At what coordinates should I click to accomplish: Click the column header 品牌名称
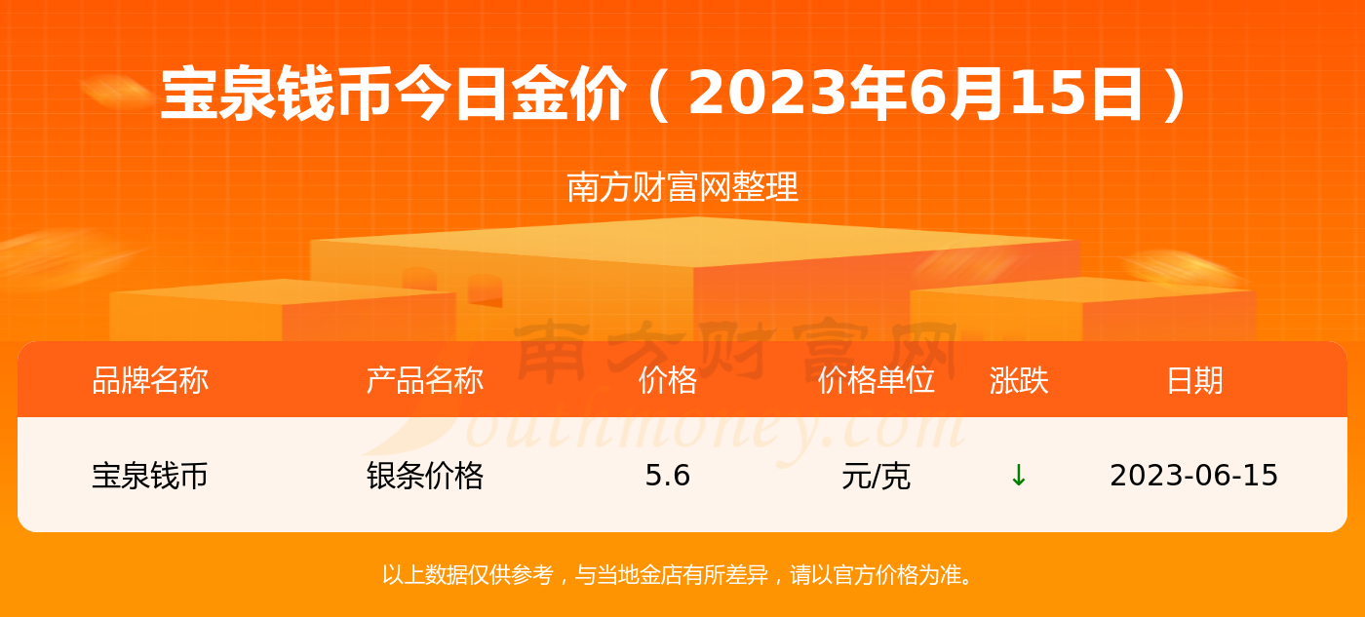pyautogui.click(x=150, y=381)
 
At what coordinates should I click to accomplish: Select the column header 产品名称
pyautogui.click(x=425, y=381)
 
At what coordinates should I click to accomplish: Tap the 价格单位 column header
pyautogui.click(x=876, y=381)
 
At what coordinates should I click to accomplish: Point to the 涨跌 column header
pyautogui.click(x=1019, y=381)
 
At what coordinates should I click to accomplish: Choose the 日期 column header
pyautogui.click(x=1194, y=381)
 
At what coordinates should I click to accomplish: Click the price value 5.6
pyautogui.click(x=667, y=475)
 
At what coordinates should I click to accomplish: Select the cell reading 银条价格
pyautogui.click(x=425, y=476)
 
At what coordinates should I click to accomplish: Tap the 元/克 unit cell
pyautogui.click(x=876, y=476)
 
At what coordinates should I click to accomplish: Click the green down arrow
pyautogui.click(x=1018, y=475)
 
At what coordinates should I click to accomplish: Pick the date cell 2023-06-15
pyautogui.click(x=1193, y=475)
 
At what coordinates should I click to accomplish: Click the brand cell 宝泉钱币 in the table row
pyautogui.click(x=150, y=476)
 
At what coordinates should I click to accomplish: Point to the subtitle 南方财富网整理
pyautogui.click(x=682, y=187)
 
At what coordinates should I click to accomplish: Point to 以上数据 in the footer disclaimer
pyautogui.click(x=425, y=574)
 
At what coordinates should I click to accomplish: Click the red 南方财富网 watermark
pyautogui.click(x=735, y=352)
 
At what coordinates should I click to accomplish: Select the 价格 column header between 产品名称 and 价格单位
pyautogui.click(x=667, y=381)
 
